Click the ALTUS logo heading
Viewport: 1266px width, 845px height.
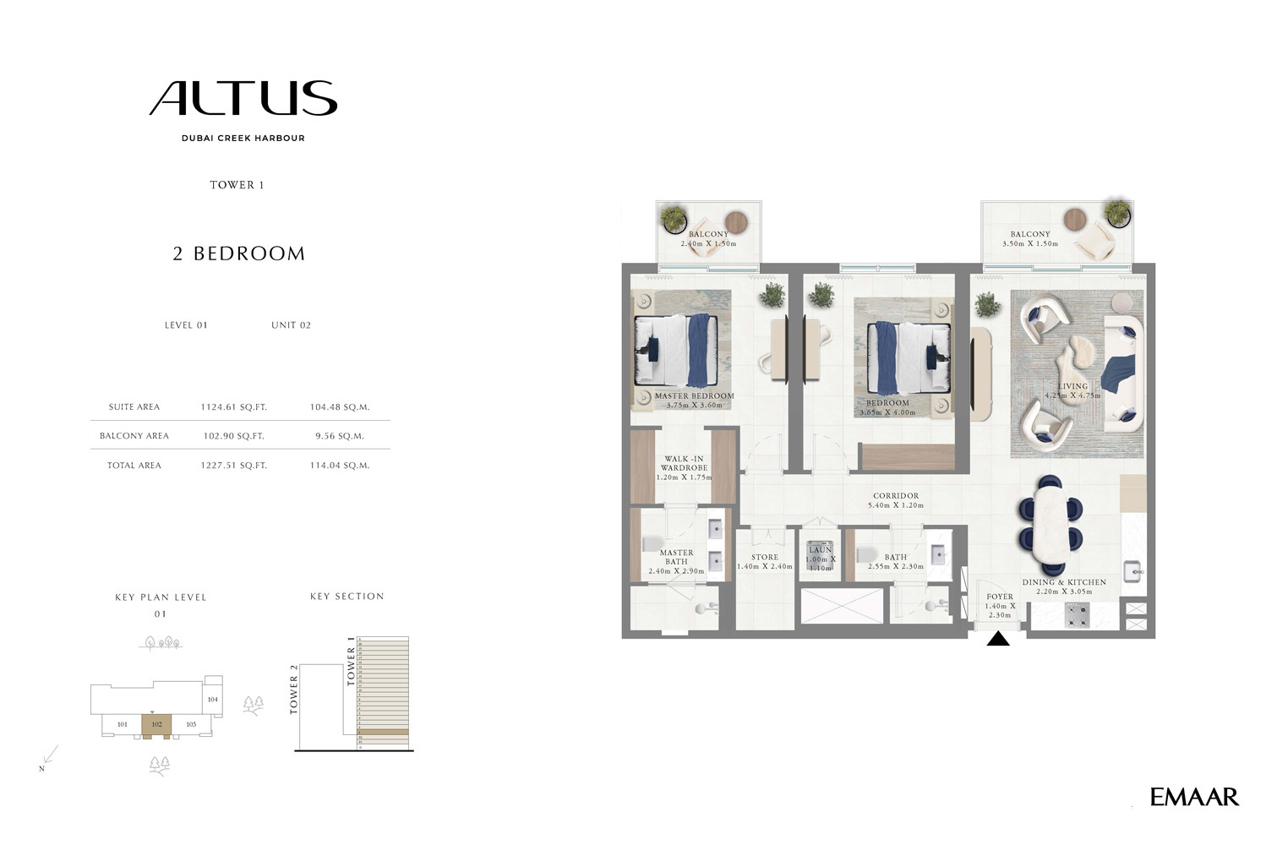tap(243, 99)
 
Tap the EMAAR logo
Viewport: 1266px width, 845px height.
tap(1193, 796)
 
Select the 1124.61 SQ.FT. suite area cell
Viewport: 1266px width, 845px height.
tap(233, 407)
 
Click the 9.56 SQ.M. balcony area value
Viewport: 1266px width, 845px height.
tap(339, 436)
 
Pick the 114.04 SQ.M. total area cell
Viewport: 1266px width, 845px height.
tap(339, 466)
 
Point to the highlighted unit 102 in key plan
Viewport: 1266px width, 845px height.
tap(156, 725)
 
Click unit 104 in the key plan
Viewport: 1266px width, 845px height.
tap(212, 700)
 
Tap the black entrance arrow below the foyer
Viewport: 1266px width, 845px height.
tap(998, 639)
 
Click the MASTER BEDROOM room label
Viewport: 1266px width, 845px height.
tap(694, 395)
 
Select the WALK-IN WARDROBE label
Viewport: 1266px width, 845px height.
tap(684, 464)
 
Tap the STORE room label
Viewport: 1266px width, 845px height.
tap(765, 557)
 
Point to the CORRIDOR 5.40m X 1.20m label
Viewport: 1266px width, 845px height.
tap(896, 500)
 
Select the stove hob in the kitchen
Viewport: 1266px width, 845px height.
tap(1077, 615)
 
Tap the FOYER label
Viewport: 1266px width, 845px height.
tap(1000, 597)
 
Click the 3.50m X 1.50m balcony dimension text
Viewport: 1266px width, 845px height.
tap(1029, 243)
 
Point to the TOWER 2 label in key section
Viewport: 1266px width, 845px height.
tap(294, 690)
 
